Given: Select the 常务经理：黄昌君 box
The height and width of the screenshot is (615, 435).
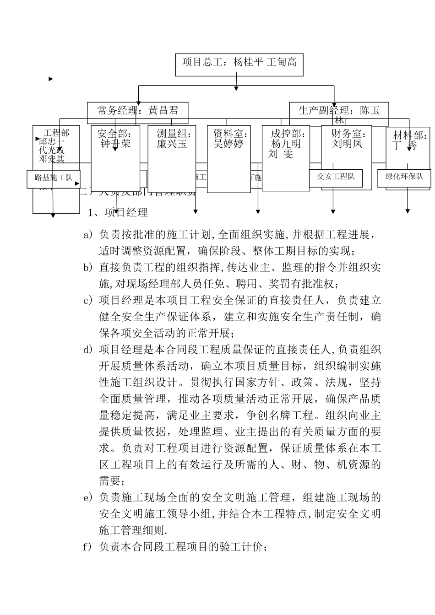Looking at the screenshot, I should point(137,110).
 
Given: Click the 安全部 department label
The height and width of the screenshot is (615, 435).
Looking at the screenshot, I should point(115,134).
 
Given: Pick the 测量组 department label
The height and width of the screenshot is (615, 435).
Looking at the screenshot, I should point(174,134).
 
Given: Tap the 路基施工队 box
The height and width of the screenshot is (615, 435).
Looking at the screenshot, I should point(54,178).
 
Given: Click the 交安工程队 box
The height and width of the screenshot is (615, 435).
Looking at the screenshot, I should point(336,177).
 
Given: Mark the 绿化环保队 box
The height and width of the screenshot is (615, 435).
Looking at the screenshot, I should point(404,177).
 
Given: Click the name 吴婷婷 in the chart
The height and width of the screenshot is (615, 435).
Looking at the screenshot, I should point(228,144).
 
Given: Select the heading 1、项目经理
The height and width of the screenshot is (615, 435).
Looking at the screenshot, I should point(118,212).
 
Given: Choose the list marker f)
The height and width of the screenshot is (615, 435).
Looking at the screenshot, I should point(87,547).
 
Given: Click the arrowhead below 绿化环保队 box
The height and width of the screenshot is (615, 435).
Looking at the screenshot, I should point(408,211).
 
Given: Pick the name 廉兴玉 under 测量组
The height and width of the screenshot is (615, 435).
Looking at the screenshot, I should point(172,144).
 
